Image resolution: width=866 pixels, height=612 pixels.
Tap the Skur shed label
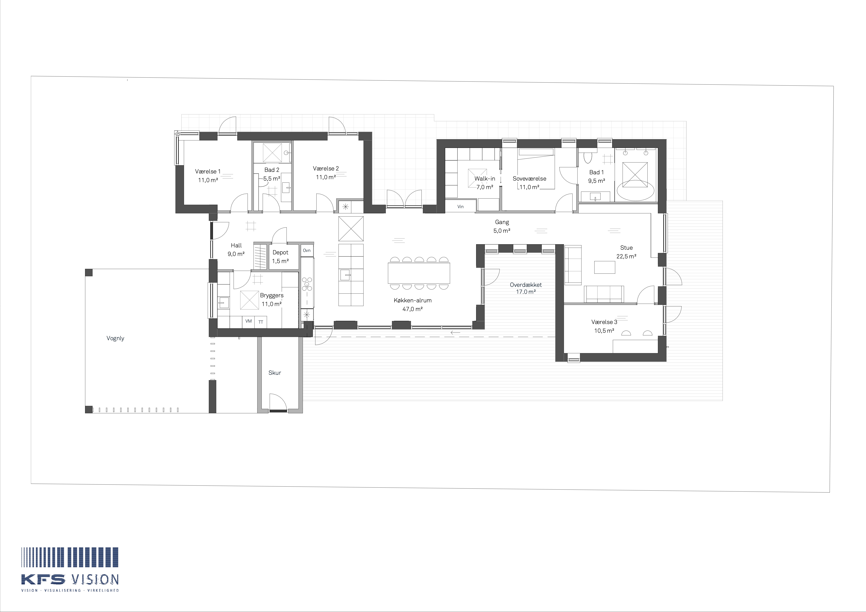pyautogui.click(x=275, y=373)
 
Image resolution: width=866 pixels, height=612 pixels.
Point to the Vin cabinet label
pyautogui.click(x=461, y=207)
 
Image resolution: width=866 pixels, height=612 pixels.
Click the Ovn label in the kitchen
pyautogui.click(x=307, y=250)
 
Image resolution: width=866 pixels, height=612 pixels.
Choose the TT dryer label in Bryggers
pyautogui.click(x=261, y=322)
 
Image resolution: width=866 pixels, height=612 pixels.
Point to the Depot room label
pyautogui.click(x=280, y=252)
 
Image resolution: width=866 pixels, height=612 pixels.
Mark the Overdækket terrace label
pyautogui.click(x=526, y=285)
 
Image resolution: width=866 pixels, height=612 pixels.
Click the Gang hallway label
pyautogui.click(x=502, y=222)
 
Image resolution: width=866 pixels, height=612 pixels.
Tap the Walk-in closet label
pyautogui.click(x=485, y=179)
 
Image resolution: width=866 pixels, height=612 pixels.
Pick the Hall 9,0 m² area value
pyautogui.click(x=236, y=254)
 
